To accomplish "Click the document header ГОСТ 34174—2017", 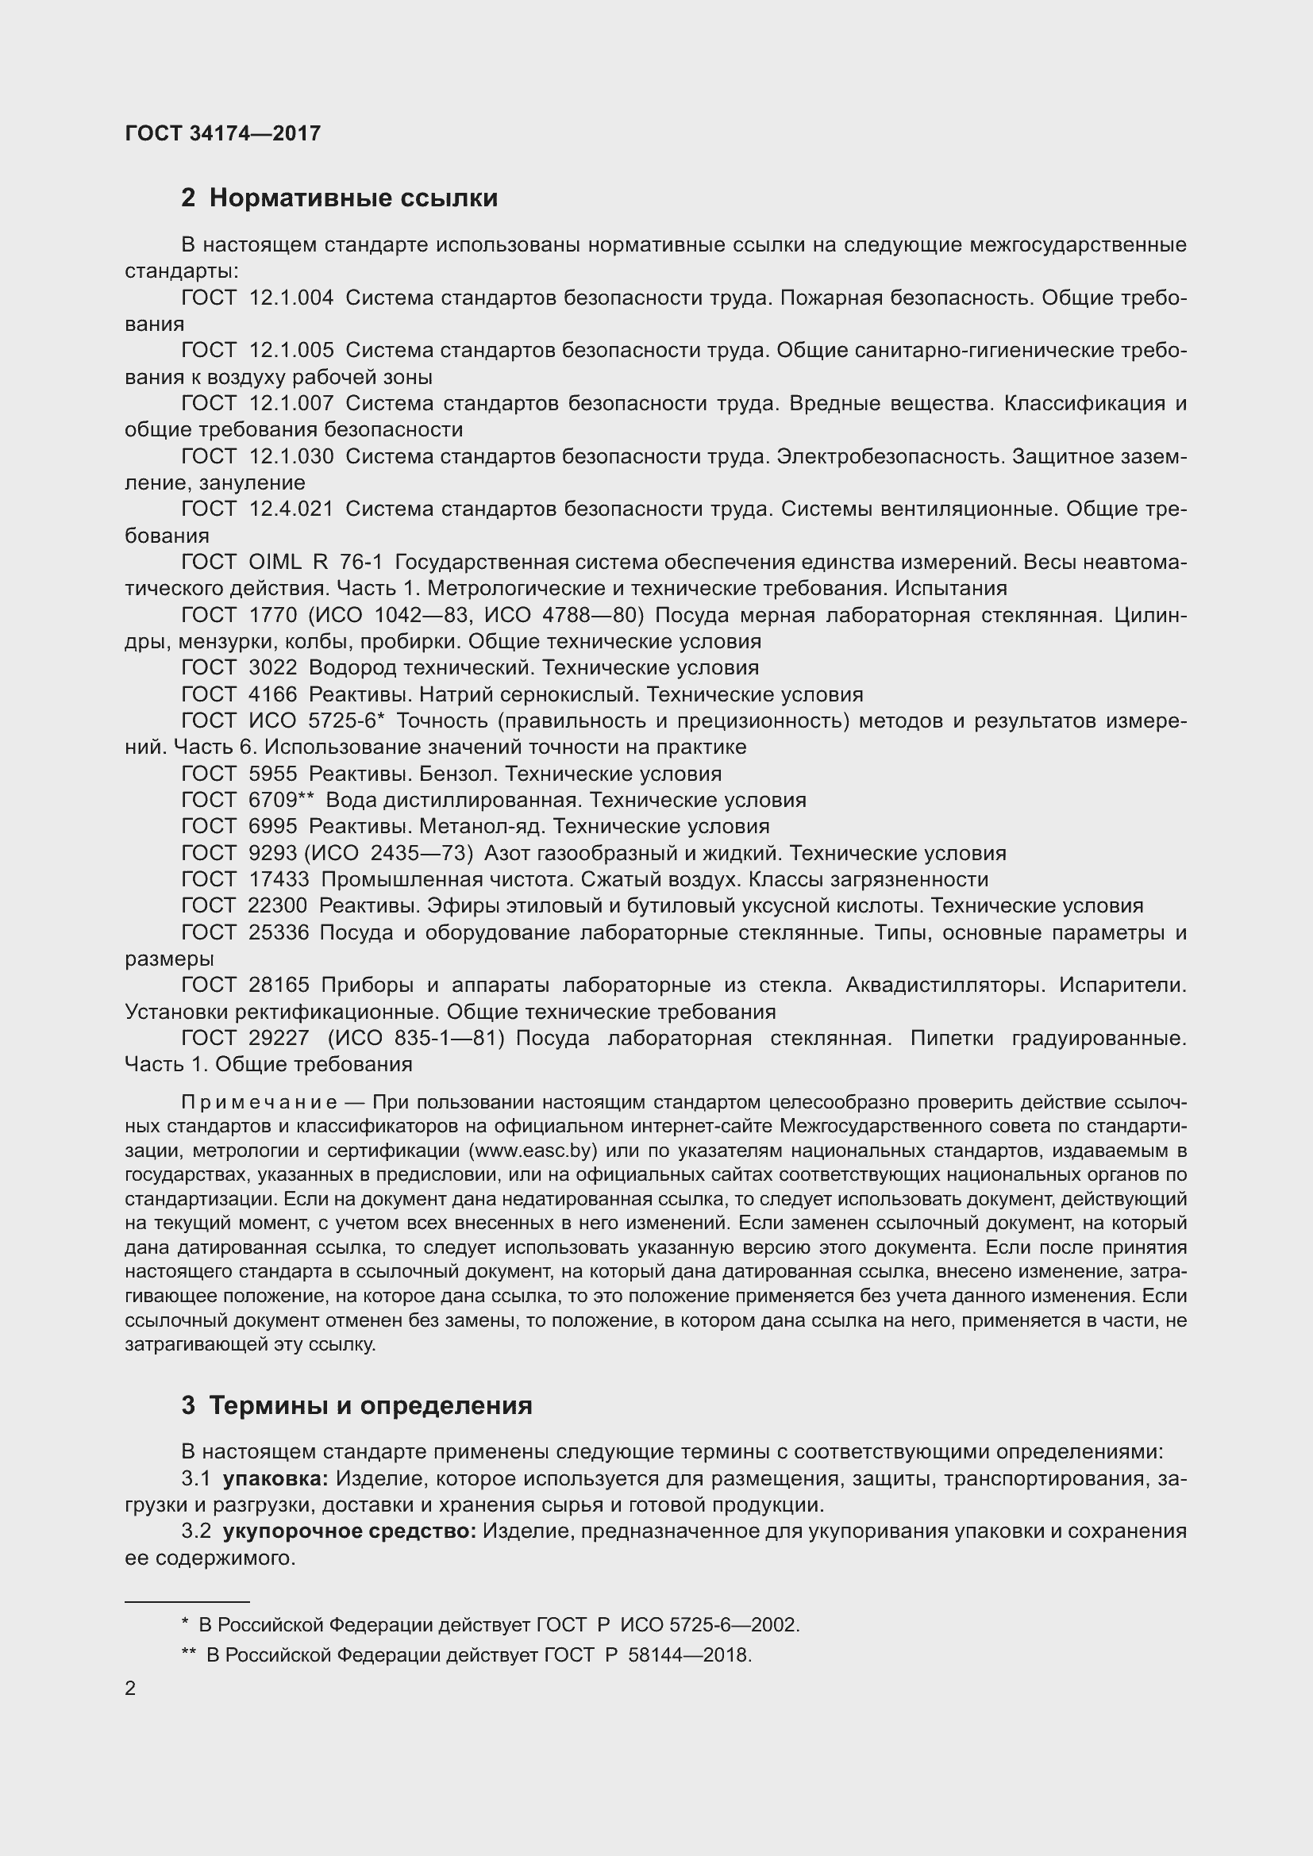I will click(x=223, y=133).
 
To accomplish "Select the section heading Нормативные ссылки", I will click(x=353, y=198).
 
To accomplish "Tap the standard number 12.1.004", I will click(x=291, y=298).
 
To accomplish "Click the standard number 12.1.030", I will click(x=291, y=457).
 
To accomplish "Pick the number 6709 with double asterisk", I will click(x=280, y=801).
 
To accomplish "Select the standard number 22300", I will click(x=278, y=905).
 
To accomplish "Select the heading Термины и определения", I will click(x=370, y=1406).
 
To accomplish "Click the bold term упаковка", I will click(x=275, y=1478).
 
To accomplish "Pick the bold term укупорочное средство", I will click(x=349, y=1531).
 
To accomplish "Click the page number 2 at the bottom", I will click(x=131, y=1689).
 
